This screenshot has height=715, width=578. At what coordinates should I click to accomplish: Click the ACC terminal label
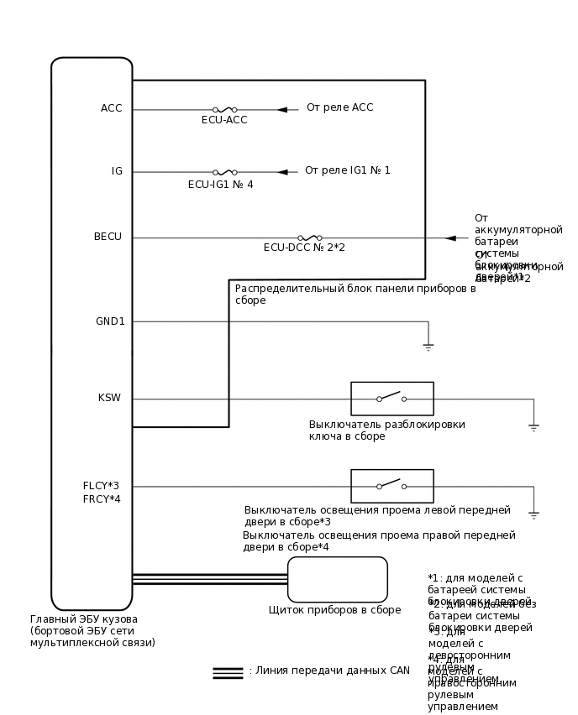pos(111,108)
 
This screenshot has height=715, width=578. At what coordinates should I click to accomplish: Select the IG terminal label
pos(117,171)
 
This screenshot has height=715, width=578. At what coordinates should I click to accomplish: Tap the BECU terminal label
pos(108,237)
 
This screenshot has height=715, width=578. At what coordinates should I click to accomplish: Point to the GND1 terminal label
pos(110,321)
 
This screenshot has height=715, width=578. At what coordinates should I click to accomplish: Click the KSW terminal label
pos(109,398)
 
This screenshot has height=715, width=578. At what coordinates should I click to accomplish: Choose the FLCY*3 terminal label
pos(101,486)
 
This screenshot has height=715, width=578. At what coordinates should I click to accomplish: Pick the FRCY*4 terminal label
pos(102,499)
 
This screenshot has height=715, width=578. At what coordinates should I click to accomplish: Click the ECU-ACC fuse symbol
pos(224,109)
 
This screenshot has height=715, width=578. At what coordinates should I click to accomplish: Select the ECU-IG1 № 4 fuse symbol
pos(224,172)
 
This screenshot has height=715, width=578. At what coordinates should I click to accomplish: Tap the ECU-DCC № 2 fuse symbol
pos(309,237)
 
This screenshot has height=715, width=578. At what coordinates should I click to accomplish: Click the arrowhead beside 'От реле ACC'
pos(282,109)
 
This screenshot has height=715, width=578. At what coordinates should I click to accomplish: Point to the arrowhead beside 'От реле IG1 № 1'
pos(282,172)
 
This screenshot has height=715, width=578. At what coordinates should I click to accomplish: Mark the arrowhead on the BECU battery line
pos(450,237)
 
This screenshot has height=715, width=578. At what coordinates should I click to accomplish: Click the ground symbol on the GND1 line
pos(428,345)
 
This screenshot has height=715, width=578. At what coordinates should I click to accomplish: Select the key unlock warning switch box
pos(391,399)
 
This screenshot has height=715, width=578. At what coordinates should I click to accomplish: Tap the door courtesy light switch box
pos(391,486)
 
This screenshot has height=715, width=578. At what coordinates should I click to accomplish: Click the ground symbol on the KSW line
pos(533,427)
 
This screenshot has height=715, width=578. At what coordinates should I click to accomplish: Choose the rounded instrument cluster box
pos(337,579)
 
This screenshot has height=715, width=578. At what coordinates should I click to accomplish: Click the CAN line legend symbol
pos(228,672)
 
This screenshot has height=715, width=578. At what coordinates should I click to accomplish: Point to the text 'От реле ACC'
pos(339,107)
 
